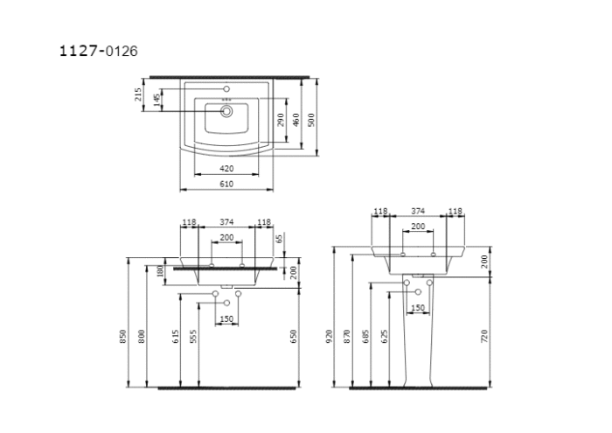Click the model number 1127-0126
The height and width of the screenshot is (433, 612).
point(97,51)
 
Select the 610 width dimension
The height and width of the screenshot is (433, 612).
point(226,184)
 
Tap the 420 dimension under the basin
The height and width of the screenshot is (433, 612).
point(226,168)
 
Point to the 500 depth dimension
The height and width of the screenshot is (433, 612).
point(310,118)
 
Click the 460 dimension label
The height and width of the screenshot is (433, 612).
point(296,119)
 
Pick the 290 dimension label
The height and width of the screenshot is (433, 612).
point(282,120)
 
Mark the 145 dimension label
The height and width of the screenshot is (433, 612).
point(156,101)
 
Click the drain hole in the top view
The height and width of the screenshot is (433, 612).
point(226,111)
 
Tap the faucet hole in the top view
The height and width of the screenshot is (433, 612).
point(226,89)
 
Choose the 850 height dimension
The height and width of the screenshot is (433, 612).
point(123,336)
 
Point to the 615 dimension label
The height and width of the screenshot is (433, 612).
point(176,336)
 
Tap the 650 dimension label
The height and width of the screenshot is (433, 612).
point(295,336)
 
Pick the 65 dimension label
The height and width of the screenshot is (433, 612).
point(280,238)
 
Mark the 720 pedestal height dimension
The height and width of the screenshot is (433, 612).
point(484,336)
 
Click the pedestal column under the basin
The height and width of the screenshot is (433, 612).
point(418,341)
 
